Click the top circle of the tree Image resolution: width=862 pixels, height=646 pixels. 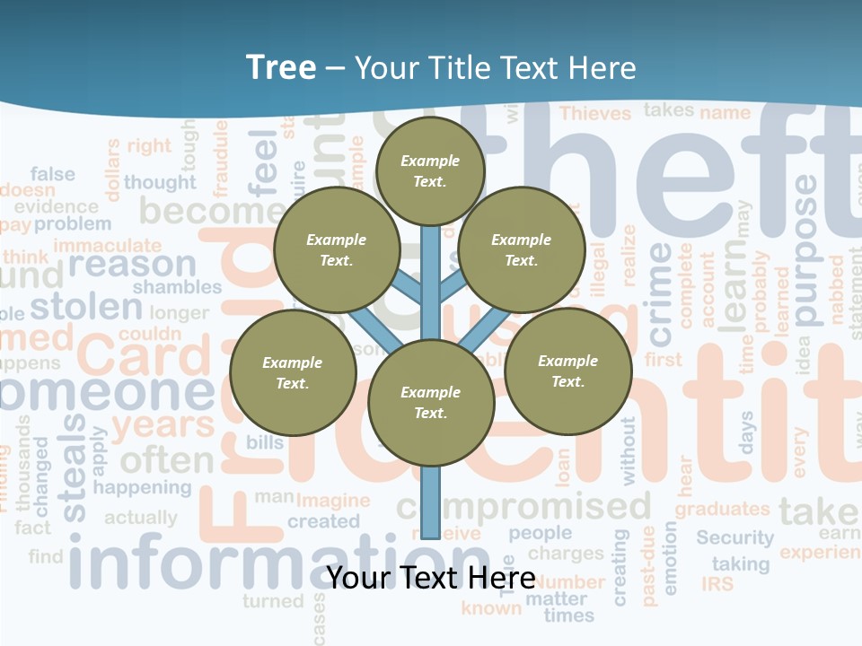[x=430, y=170]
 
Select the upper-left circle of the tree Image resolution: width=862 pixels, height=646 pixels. [x=336, y=250]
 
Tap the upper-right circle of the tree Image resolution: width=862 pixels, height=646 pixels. [x=521, y=250]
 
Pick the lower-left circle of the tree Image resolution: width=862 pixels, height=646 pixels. [x=292, y=372]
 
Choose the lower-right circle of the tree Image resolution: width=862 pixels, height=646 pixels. [x=567, y=371]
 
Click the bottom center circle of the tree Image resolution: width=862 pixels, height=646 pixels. [x=430, y=403]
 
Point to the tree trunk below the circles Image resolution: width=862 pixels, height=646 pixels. [x=430, y=502]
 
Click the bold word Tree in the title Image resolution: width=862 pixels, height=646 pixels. [x=281, y=67]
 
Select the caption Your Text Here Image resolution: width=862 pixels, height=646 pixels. [x=430, y=577]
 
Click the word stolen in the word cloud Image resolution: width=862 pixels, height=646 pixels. [x=86, y=307]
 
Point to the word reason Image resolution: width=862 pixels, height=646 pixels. [x=131, y=265]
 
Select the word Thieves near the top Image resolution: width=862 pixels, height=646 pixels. [x=595, y=113]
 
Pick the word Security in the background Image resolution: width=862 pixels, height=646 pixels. [x=734, y=537]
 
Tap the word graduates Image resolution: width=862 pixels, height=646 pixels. [x=723, y=509]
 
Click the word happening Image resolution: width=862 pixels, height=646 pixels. [x=142, y=488]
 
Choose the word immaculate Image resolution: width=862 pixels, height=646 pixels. [x=107, y=245]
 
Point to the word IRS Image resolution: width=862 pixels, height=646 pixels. [x=717, y=584]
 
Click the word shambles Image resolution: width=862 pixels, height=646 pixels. [x=177, y=287]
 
